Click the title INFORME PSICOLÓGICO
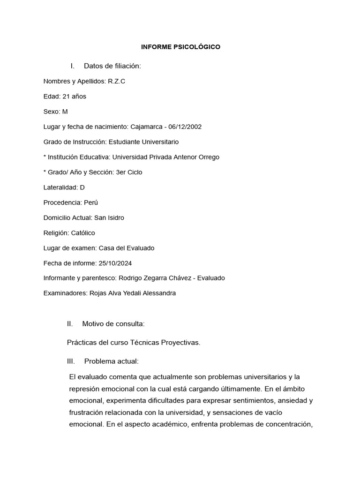pos(180,47)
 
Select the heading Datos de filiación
pos(112,66)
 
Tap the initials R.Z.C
pos(116,81)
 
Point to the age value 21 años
pos(74,97)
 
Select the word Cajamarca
pos(146,127)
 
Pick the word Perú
pos(90,202)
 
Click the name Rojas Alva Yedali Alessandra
pos(133,293)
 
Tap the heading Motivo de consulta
pos(113,323)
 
